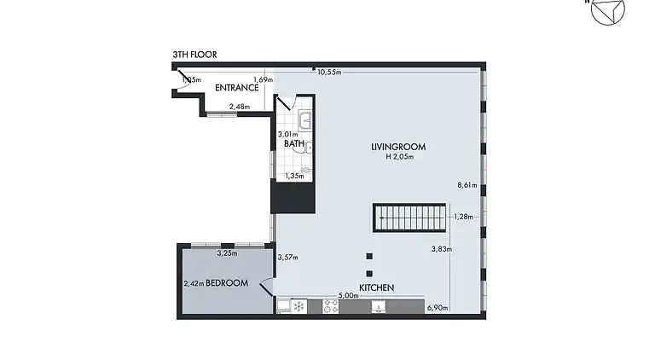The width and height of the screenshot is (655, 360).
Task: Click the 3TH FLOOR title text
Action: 194,55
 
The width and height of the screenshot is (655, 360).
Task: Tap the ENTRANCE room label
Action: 236,88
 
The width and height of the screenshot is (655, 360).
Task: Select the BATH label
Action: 294,143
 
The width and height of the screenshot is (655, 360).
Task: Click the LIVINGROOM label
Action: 398,147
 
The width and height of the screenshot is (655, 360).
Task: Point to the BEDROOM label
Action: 227,282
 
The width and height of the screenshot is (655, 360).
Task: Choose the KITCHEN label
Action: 376,287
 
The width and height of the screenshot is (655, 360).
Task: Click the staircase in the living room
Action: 409,218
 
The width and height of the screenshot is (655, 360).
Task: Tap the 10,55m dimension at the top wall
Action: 329,73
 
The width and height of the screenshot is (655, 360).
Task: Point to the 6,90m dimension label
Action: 437,307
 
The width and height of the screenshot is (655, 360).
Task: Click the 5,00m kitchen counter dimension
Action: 347,296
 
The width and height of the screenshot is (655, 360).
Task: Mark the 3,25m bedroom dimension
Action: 227,253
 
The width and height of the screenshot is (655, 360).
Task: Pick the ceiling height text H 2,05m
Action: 398,157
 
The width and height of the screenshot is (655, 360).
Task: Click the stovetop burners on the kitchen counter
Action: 331,307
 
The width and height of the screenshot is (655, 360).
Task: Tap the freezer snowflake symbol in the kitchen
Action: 299,306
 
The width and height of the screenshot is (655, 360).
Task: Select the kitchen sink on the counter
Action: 375,307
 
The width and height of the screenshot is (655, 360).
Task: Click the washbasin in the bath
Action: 304,121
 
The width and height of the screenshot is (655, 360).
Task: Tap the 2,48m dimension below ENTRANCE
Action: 240,107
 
